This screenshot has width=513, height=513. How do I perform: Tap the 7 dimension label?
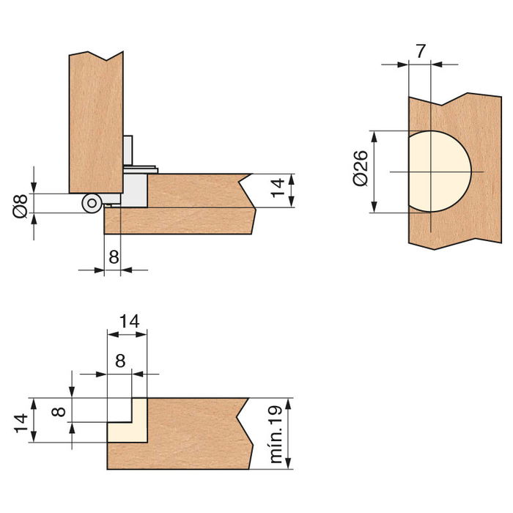click(420, 51)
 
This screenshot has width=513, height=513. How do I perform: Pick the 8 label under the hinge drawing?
click(114, 257)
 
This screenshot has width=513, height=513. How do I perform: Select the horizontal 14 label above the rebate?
click(128, 321)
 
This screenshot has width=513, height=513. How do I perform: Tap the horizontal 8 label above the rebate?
click(120, 361)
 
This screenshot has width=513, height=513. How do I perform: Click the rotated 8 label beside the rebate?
click(60, 410)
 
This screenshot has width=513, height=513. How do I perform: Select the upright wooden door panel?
click(96, 121)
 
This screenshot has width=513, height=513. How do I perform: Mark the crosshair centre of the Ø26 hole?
click(431, 171)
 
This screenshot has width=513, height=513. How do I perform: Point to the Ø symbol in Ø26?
click(359, 180)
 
